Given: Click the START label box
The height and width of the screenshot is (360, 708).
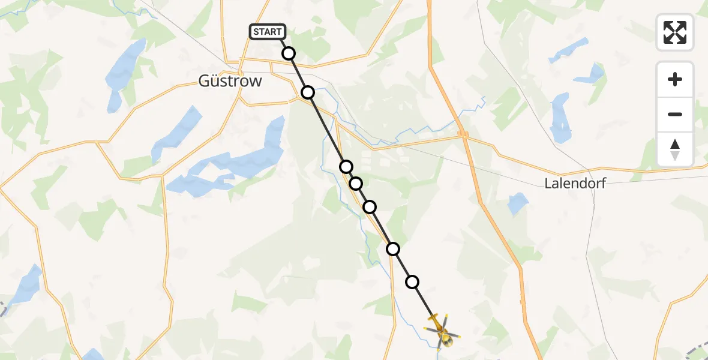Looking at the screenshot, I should coord(268,32).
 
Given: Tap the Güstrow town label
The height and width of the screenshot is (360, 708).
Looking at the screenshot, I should coord(230,81).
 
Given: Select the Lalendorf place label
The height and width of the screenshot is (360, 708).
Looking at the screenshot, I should coord(575,184).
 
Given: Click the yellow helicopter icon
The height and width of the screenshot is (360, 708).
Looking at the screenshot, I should coord(442,332).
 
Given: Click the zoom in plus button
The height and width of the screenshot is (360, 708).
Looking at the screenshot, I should coord(675,79).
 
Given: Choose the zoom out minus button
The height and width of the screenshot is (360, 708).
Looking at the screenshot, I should coord(675,114).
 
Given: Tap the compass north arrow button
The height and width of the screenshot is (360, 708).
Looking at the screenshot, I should coord(675,149).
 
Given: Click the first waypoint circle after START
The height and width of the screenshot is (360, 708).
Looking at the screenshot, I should coord(289,53).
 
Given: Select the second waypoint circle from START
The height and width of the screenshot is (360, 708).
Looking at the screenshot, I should coord(308,92).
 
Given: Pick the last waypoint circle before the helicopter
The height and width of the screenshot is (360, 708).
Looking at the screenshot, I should coord(412,281).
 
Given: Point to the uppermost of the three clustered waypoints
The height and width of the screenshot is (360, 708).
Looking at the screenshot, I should coord(346,166).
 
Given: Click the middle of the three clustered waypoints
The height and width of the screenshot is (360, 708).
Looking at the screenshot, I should coord(356,183).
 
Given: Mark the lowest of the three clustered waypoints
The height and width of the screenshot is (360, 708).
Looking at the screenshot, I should coord(370,207).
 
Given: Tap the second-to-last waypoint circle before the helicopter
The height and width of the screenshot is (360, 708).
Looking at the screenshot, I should coord(392,248).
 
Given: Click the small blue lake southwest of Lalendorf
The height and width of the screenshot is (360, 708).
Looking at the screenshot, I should coord(518,204).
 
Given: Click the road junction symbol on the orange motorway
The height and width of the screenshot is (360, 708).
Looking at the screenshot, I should coord(463,134).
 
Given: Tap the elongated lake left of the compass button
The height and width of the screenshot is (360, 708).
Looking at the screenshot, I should coord(560,117).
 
